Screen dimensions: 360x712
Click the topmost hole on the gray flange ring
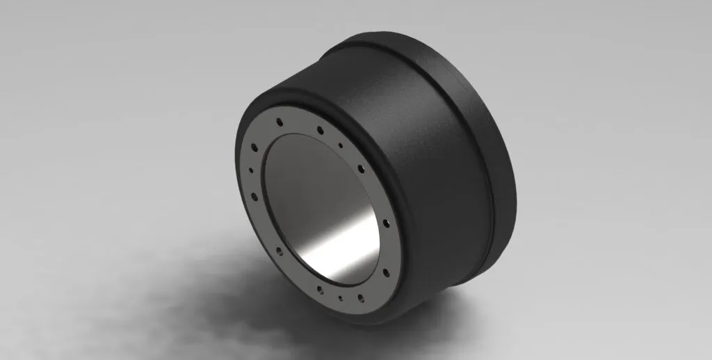pyautogui.click(x=280, y=121)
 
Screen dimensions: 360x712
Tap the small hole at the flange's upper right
pyautogui.click(x=340, y=145)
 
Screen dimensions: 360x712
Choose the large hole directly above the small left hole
pyautogui.click(x=254, y=147)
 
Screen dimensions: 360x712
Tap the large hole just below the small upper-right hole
pyautogui.click(x=362, y=168)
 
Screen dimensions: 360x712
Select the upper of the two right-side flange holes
pyautogui.click(x=386, y=224)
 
